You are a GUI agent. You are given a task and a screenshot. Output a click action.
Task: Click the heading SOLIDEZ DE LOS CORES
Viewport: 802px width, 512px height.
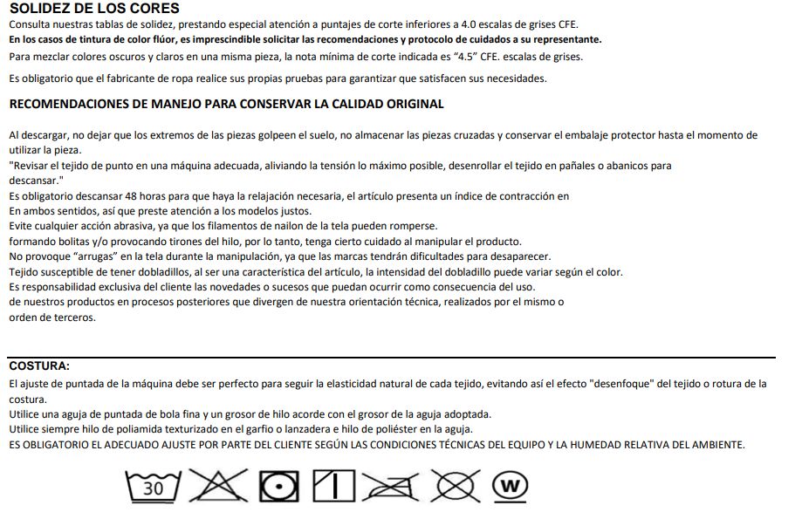coord(94,9)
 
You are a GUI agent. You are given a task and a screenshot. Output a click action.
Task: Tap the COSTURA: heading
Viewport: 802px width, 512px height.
coord(38,365)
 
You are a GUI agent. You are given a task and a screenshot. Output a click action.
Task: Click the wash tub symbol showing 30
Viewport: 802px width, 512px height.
coord(154,487)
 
